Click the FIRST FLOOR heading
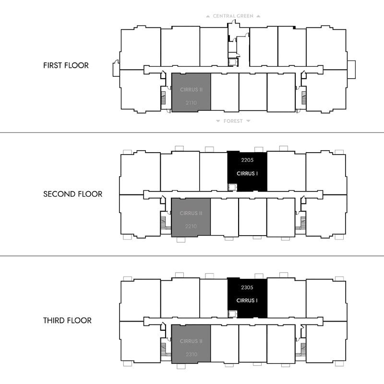click(x=66, y=65)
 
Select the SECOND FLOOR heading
click(x=73, y=194)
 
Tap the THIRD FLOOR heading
click(x=67, y=320)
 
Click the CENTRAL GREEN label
click(x=233, y=16)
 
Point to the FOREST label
click(x=233, y=121)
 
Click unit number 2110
click(x=191, y=103)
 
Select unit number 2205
click(x=247, y=160)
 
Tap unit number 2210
click(x=191, y=226)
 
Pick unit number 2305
click(x=247, y=288)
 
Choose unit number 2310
click(x=192, y=354)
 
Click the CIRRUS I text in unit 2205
click(x=247, y=174)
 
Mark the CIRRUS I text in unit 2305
click(x=247, y=300)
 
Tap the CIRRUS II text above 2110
click(x=191, y=90)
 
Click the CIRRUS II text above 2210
click(x=191, y=213)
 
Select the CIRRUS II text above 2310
click(x=191, y=341)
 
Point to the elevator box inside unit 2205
click(x=232, y=188)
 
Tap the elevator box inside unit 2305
click(x=232, y=314)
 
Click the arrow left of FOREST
click(x=218, y=121)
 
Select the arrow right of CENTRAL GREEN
click(x=258, y=16)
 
